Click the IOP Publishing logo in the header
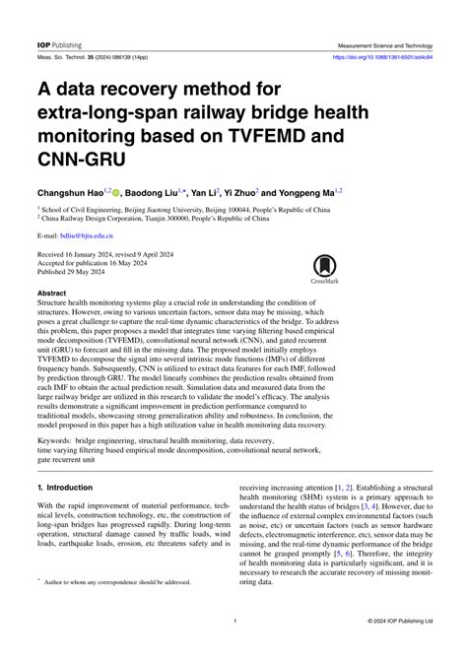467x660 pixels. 59,45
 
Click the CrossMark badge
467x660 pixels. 324,268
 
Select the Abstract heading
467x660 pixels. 52,294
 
